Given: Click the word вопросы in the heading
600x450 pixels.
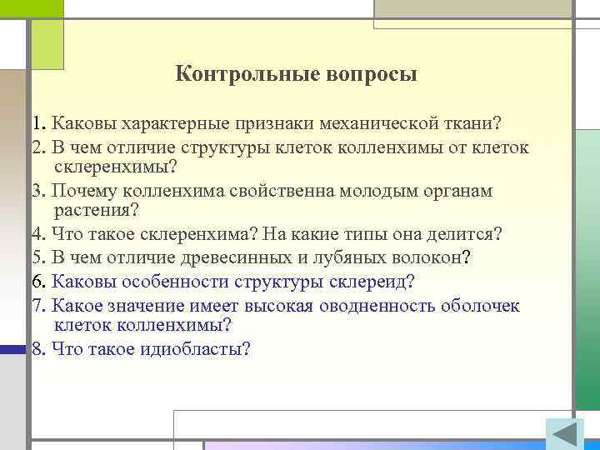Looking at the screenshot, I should click(372, 74).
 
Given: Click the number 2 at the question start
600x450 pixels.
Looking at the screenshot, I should click(37, 147).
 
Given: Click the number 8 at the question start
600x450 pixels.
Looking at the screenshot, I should click(37, 349).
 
